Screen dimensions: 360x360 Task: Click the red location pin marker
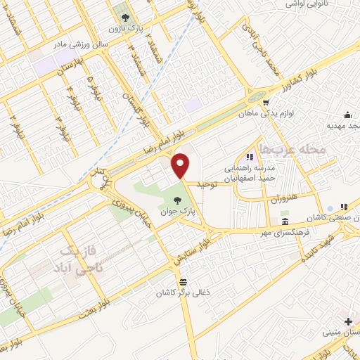182,165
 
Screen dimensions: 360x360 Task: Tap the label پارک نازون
124,30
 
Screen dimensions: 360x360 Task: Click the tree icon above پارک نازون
124,18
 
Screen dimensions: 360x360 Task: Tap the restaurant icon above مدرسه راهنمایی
248,156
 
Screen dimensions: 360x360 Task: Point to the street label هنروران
283,199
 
